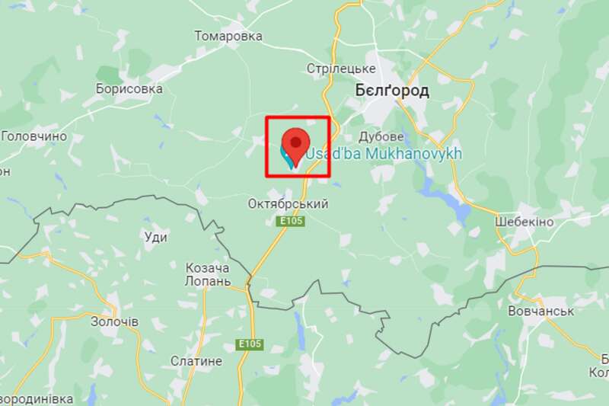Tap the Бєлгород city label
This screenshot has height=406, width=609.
click(392, 91)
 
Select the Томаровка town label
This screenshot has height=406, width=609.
click(228, 36)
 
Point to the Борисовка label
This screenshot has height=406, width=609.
click(129, 89)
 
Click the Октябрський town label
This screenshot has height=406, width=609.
click(289, 204)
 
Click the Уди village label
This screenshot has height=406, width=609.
click(155, 237)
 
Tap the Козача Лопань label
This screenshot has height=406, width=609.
click(208, 274)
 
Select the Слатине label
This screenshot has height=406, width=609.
click(196, 361)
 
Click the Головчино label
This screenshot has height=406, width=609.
click(34, 136)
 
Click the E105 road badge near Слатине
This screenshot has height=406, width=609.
click(250, 344)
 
